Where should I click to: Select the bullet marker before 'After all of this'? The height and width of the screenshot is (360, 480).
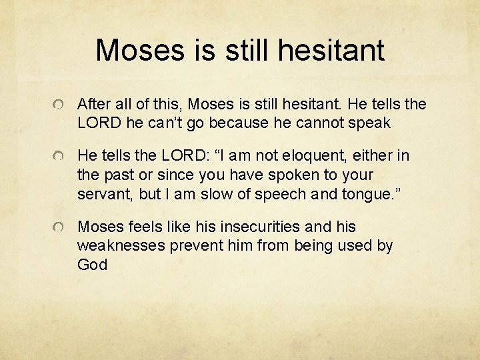click(60, 105)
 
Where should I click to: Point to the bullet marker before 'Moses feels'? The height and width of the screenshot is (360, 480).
click(60, 228)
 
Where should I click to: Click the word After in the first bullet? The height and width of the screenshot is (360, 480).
click(95, 104)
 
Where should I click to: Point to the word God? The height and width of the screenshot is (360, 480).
click(92, 264)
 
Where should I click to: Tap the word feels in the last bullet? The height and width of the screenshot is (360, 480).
click(142, 227)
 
